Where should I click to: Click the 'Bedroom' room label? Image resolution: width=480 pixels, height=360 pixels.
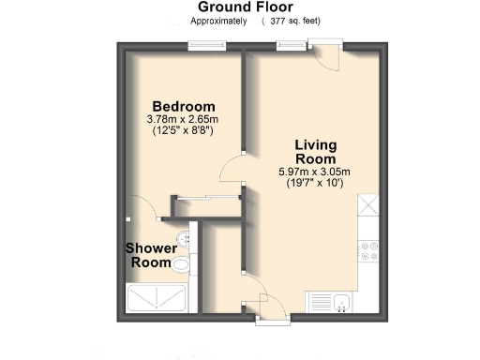point(184,106)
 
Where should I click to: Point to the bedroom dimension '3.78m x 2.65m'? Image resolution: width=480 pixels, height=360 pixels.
point(184,120)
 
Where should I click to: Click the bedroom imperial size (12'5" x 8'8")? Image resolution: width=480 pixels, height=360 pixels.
point(184,132)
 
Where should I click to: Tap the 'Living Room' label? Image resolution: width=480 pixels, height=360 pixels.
point(314,152)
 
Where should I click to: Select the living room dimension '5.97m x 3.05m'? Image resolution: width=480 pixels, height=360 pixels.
point(314,172)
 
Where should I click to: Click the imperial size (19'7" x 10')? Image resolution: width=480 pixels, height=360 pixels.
point(314,184)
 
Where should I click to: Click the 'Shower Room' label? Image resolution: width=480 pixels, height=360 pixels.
point(151,256)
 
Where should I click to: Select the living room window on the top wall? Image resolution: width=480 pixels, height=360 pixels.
point(290,45)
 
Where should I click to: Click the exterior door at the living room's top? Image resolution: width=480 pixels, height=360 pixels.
point(327,54)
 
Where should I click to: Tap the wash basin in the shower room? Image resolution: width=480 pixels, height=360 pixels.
point(185,238)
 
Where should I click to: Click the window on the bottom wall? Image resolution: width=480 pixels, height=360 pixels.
point(270,321)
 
